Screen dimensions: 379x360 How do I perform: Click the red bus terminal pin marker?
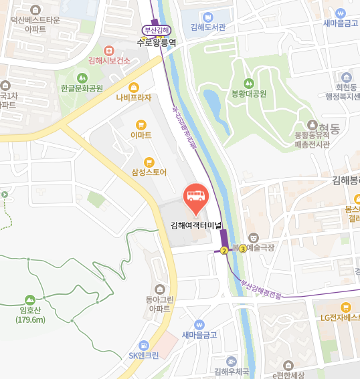pyautogui.click(x=195, y=195)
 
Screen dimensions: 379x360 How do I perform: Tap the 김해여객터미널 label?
pyautogui.click(x=195, y=225)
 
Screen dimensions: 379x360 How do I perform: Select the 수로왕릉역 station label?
pyautogui.click(x=156, y=41)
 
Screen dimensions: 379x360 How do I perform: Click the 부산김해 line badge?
pyautogui.click(x=157, y=30)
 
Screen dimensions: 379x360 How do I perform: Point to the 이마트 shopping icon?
pyautogui.click(x=141, y=124)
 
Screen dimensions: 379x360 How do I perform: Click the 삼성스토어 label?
pyautogui.click(x=149, y=172)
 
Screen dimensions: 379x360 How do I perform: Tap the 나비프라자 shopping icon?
pyautogui.click(x=133, y=87)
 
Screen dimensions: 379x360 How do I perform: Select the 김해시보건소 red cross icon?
pyautogui.click(x=109, y=50)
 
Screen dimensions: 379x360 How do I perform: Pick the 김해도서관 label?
pyautogui.click(x=207, y=27)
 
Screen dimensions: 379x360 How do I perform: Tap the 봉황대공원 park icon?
pyautogui.click(x=248, y=83)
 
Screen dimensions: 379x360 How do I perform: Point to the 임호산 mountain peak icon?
pyautogui.click(x=30, y=300)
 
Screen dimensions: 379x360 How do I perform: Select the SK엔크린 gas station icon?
pyautogui.click(x=143, y=345)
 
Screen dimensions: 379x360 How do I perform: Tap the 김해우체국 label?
pyautogui.click(x=231, y=371)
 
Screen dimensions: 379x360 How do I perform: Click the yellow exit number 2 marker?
pyautogui.click(x=223, y=251)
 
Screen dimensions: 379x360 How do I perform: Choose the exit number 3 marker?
pyautogui.click(x=242, y=248)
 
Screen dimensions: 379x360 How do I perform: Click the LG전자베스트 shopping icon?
pyautogui.click(x=345, y=307)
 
